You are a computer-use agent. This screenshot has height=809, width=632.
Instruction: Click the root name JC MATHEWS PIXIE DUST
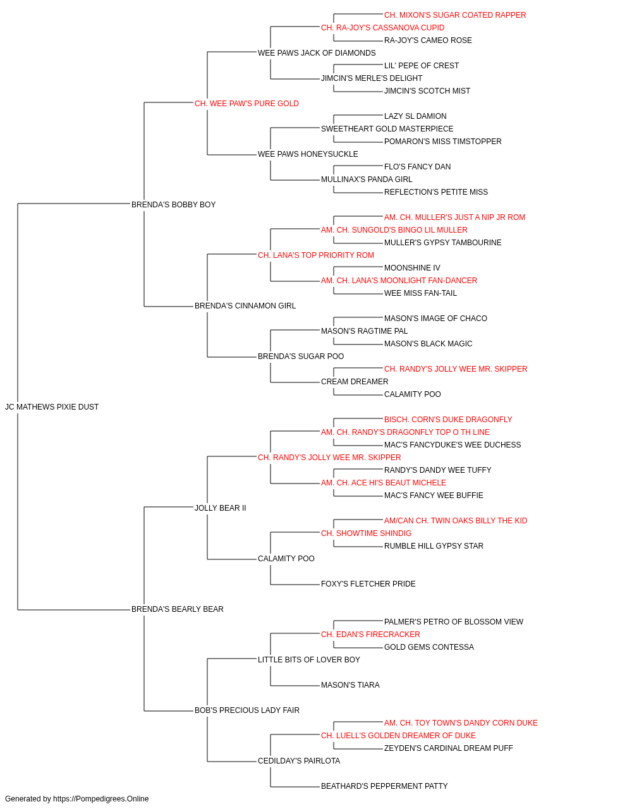tap(52, 407)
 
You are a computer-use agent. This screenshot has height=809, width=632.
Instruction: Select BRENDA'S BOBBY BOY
tap(173, 205)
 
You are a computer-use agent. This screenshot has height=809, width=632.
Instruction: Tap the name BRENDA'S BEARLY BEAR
tap(177, 609)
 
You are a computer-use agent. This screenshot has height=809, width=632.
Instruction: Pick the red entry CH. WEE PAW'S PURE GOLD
tap(246, 104)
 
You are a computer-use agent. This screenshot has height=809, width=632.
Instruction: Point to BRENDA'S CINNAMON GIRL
tap(245, 306)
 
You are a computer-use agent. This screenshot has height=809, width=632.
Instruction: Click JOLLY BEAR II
tap(221, 508)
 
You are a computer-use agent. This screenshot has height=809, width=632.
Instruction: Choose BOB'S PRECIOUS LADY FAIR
tap(246, 710)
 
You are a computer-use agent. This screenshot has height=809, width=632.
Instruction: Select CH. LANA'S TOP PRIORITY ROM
tap(315, 255)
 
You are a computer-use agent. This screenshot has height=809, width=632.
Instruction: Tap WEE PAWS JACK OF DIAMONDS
tap(317, 53)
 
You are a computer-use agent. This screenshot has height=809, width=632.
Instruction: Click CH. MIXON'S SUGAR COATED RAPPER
tap(455, 15)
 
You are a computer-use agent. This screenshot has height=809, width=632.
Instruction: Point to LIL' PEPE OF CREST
tap(422, 66)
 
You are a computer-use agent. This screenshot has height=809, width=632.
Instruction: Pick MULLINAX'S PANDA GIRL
tap(367, 179)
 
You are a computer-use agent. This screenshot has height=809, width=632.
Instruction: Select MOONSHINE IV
tap(412, 268)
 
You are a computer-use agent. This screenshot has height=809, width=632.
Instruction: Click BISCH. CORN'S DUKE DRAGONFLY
tap(448, 420)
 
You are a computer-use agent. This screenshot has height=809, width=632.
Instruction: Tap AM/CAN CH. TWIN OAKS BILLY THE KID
tap(456, 521)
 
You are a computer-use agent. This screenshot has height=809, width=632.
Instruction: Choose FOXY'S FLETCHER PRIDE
tap(368, 584)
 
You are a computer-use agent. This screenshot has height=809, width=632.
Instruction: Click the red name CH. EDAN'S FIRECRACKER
tap(370, 635)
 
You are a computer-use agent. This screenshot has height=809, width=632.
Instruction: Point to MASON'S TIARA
tap(350, 685)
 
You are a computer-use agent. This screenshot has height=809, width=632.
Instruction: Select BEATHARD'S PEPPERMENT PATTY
tap(384, 786)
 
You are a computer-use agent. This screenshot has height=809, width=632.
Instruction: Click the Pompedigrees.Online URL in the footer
tap(100, 799)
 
